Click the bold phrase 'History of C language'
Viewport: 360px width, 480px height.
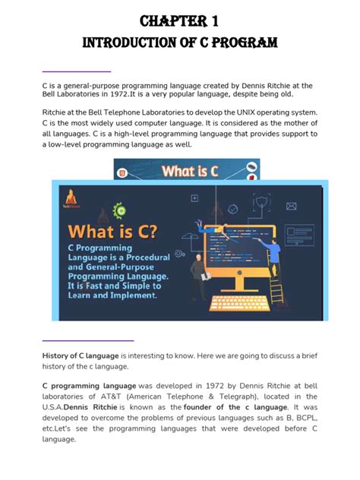81,355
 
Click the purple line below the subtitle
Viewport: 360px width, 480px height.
77,71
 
